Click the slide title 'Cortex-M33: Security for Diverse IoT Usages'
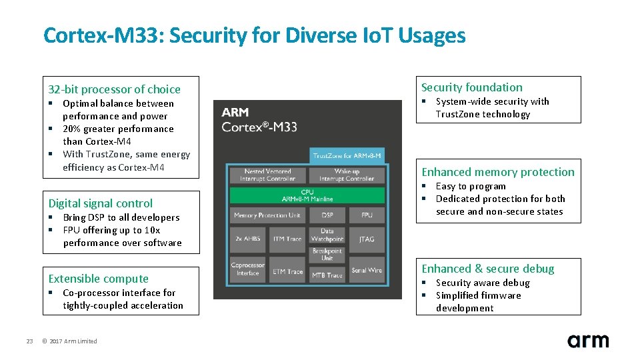click(254, 35)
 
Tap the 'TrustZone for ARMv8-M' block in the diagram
click(347, 156)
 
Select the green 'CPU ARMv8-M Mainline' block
click(307, 195)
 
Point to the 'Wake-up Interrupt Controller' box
click(347, 175)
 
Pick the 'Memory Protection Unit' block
click(267, 215)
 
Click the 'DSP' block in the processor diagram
click(327, 215)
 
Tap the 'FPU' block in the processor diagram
click(367, 215)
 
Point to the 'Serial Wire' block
click(367, 270)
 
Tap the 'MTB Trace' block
click(327, 275)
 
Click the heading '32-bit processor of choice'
click(114, 89)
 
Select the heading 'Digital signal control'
click(101, 203)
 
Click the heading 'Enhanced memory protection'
click(497, 172)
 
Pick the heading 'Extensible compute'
click(99, 279)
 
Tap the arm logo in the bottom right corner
click(587, 341)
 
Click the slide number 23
click(29, 341)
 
